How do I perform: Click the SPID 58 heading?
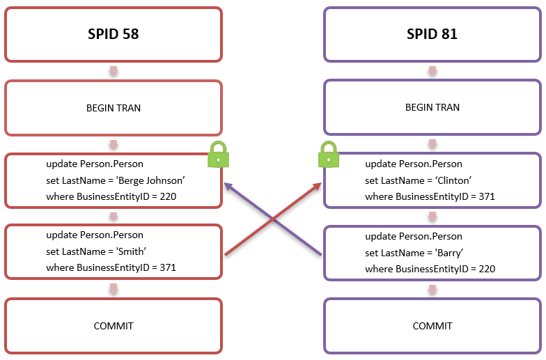pos(113,33)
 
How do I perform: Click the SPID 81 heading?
pos(432,33)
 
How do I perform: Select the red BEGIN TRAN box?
pos(113,108)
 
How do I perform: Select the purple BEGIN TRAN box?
pos(432,108)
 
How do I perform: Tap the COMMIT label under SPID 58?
pos(113,326)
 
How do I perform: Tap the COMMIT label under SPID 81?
pos(432,326)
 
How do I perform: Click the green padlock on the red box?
pos(218,155)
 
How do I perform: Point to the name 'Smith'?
pos(129,251)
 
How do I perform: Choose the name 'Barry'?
pos(446,251)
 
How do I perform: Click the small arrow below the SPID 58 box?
pos(113,71)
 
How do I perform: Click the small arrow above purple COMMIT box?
pos(432,289)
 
